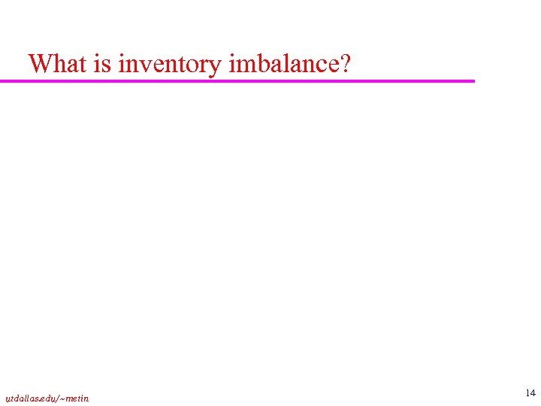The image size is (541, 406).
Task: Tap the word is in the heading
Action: [103, 63]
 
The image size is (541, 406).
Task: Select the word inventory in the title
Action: [170, 65]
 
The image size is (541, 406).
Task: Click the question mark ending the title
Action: [345, 63]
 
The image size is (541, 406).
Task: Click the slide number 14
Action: [530, 393]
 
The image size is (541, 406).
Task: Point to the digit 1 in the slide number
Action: [527, 393]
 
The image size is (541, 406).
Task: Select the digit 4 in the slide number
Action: [533, 393]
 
